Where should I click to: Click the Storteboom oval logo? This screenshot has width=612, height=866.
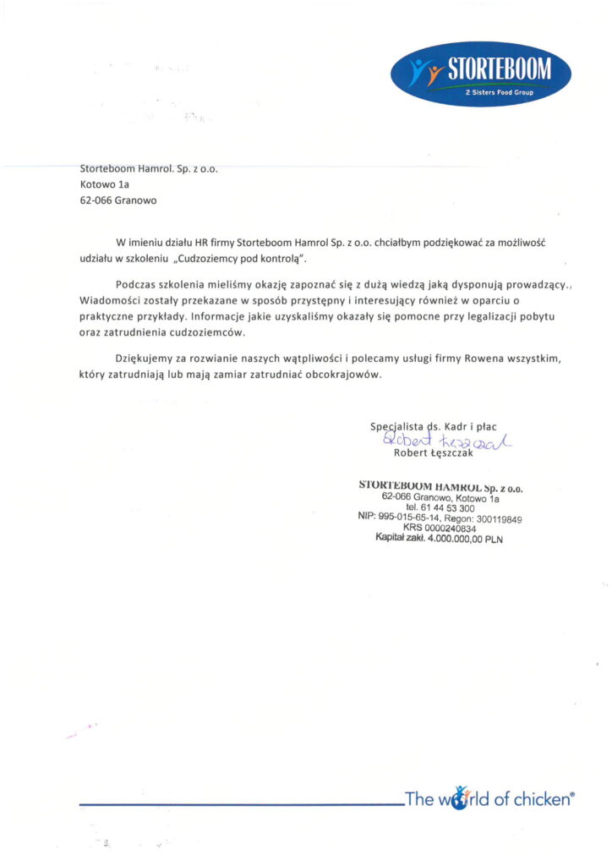pos(481,74)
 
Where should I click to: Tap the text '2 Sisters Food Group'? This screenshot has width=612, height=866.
pos(500,92)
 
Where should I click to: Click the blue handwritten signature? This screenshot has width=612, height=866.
pos(448,441)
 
